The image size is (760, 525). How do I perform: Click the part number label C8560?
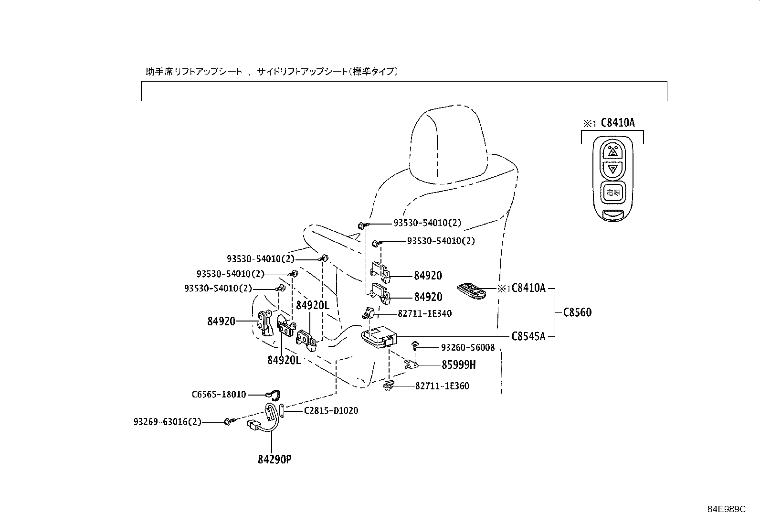tap(577, 312)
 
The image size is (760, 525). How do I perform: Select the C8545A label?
tap(528, 336)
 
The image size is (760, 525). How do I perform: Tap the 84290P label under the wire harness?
tap(274, 460)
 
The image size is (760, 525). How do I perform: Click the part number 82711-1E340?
tap(424, 314)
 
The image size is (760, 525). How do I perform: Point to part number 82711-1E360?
tap(442, 386)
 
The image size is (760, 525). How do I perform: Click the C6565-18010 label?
tap(219, 395)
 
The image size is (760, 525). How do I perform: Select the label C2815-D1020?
tap(331, 410)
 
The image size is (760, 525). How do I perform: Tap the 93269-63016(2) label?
tap(167, 422)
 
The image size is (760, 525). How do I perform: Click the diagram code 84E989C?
tap(726, 509)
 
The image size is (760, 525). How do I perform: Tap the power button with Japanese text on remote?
tap(612, 193)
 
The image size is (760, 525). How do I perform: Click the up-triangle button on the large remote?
tap(612, 151)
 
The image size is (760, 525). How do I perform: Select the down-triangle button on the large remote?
tap(612, 169)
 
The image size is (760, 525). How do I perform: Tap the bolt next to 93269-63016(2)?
tap(228, 422)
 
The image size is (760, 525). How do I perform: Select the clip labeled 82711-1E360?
tap(389, 386)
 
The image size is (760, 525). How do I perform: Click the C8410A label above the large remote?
tap(617, 123)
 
